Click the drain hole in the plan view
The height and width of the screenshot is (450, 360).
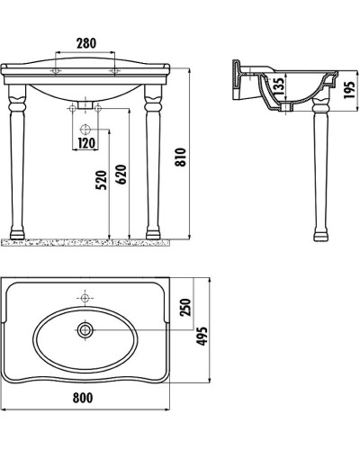point(85,331)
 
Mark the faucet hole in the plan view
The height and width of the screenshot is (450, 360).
point(85,296)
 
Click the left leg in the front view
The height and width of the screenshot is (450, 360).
point(20,171)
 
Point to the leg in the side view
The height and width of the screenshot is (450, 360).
point(319,180)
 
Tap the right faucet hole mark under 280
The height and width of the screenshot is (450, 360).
point(114,69)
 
